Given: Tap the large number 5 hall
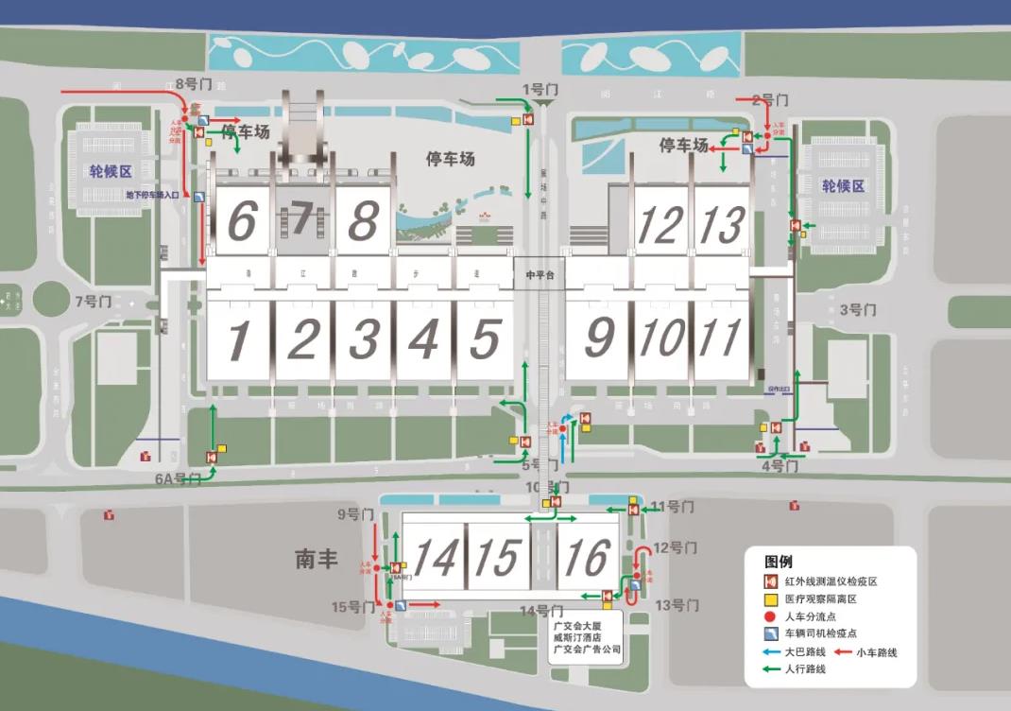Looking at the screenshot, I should pos(485,338).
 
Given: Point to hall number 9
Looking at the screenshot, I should pos(598,338).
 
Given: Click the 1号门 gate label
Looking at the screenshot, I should pos(540,90).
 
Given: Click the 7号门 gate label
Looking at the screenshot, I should pos(94,303).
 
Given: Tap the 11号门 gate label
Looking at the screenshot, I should pos(673,507).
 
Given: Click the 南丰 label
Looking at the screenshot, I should pos(317,560).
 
